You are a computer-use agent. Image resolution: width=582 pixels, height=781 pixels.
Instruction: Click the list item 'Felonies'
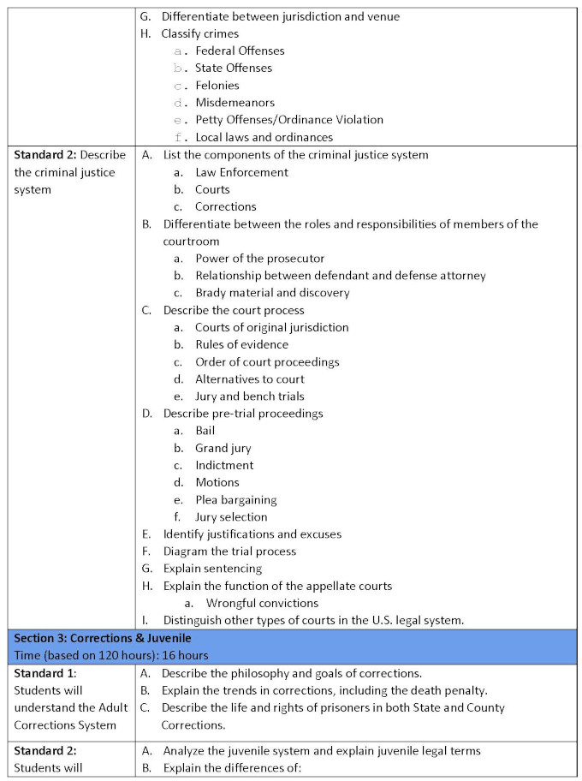point(217,86)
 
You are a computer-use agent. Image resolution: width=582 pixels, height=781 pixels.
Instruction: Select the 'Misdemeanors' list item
point(235,103)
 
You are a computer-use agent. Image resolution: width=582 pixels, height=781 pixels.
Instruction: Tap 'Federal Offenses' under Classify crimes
point(240,51)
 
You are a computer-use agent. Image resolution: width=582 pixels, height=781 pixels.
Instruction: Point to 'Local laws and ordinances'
point(264,137)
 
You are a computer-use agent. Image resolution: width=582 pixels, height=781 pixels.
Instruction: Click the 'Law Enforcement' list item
point(241,172)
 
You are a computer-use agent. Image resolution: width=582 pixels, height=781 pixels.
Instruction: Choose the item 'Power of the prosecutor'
point(259,259)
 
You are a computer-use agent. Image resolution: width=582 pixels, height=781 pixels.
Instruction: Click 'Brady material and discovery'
point(272,293)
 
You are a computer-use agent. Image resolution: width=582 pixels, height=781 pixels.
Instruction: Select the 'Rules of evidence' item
point(241,344)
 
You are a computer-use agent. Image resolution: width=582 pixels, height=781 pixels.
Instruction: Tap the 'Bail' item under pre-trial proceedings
point(205,431)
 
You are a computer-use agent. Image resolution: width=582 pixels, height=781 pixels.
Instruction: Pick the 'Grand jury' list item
point(223,448)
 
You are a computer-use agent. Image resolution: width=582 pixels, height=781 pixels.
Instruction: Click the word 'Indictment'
point(224,465)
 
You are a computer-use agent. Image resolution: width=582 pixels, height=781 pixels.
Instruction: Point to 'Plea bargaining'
point(235,500)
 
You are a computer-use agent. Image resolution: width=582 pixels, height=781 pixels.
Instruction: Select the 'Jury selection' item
point(231,517)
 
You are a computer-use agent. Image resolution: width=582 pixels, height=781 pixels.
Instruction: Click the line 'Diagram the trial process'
point(229,551)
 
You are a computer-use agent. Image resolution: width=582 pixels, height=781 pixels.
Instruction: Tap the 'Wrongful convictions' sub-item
point(262,603)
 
